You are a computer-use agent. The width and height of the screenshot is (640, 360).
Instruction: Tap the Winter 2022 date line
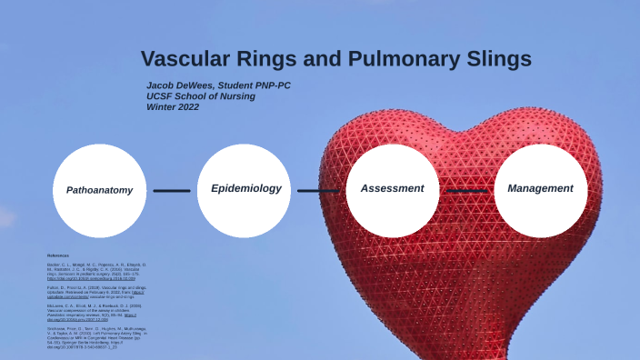tap(173, 106)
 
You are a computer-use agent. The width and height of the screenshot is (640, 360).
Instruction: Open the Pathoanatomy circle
tap(99, 190)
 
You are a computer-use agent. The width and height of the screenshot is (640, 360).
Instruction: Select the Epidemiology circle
tap(245, 189)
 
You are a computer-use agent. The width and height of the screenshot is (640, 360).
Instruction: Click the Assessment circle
tap(393, 189)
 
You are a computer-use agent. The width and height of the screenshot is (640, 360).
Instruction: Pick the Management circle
tap(540, 189)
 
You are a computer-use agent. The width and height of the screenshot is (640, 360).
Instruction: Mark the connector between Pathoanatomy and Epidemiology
tap(172, 191)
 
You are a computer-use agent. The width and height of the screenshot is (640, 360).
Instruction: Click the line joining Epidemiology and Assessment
tap(319, 191)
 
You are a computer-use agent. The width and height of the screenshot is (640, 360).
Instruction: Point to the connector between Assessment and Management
tap(466, 191)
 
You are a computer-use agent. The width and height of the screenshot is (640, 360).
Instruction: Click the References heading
tap(58, 255)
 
